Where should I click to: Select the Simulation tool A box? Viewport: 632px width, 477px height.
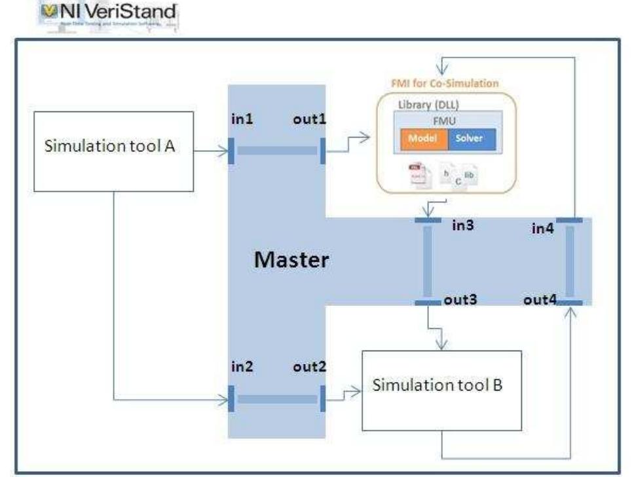click(x=113, y=151)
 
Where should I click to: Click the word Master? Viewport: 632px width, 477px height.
click(x=291, y=260)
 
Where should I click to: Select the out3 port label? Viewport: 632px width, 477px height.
click(x=458, y=301)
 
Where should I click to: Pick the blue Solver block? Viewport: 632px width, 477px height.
click(x=472, y=140)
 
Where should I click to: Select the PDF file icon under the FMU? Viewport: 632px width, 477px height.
click(x=417, y=176)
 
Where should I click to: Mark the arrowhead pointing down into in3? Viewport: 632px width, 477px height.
click(x=428, y=214)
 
